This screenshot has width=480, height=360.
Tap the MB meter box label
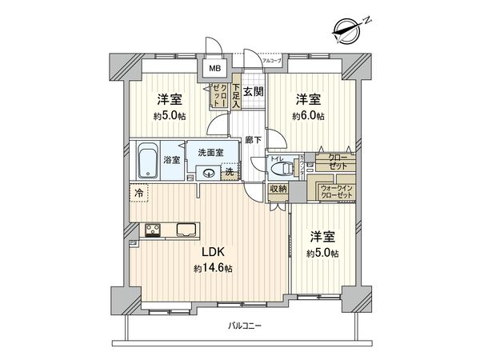(214, 69)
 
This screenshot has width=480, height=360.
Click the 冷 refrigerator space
(139, 193)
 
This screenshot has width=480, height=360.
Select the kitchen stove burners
(154, 230)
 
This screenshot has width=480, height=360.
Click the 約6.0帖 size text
(308, 116)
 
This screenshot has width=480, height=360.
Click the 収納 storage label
(277, 189)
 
